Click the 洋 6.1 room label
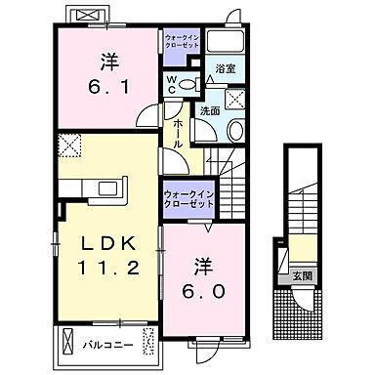pyautogui.click(x=104, y=72)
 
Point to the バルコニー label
pyautogui.click(x=107, y=344)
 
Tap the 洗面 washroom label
pyautogui.click(x=210, y=110)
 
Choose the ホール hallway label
pyautogui.click(x=179, y=127)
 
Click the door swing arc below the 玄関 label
pyautogui.click(x=302, y=298)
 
